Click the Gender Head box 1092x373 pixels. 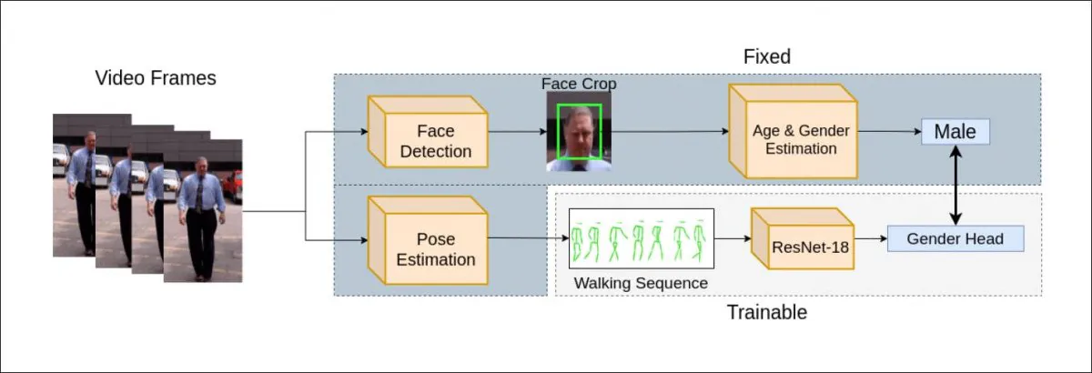pos(955,239)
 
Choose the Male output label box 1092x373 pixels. pos(955,132)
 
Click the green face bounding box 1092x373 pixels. pos(580,134)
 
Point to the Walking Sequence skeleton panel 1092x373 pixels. pos(641,238)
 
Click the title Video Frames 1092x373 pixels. pos(156,78)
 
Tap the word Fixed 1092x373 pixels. pos(767,56)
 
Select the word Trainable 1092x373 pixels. pos(766,313)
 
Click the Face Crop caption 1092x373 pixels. pos(579,84)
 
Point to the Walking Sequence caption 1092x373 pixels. pos(641,283)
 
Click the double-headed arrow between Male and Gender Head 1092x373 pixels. pos(955,186)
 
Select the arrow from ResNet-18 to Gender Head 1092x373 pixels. pos(871,239)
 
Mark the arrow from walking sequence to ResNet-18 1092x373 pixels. pos(733,239)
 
